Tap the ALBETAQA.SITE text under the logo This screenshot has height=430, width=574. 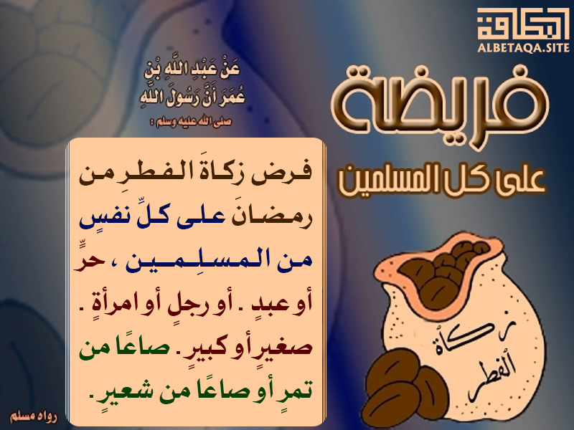click(x=524, y=47)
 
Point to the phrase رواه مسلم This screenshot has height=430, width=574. click(x=34, y=416)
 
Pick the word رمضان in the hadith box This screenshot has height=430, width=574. click(x=276, y=218)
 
